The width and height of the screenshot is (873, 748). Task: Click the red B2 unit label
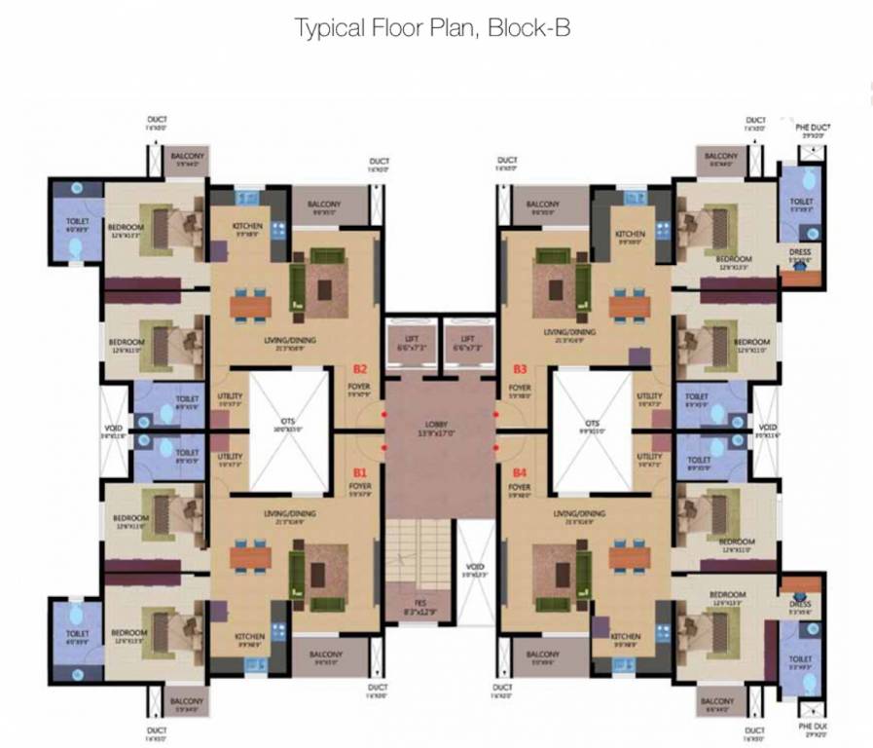[360, 369]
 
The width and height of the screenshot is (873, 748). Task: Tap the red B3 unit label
[520, 369]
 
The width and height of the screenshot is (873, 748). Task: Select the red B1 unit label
[360, 471]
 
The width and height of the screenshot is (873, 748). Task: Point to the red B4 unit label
[520, 471]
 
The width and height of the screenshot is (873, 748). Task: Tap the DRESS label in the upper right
[801, 250]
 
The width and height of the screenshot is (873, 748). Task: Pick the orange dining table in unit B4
[629, 556]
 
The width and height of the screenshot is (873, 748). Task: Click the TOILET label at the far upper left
[77, 221]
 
